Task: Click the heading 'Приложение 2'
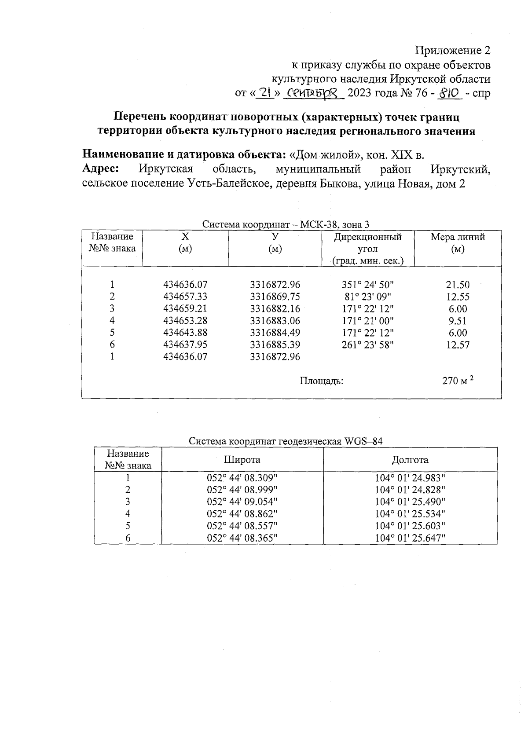tap(453, 51)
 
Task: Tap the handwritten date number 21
tap(265, 93)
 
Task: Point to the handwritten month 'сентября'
tap(313, 93)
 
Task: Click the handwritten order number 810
tap(449, 93)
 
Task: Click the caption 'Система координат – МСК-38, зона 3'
tap(286, 224)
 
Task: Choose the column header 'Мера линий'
tap(458, 237)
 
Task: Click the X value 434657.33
tap(185, 297)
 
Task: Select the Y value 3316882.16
tap(275, 308)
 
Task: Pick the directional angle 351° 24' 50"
tap(368, 285)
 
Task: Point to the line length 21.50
tap(458, 285)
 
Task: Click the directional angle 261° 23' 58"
tap(368, 344)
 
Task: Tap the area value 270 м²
tap(458, 381)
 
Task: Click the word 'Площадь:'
tap(321, 381)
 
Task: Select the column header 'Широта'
tap(242, 460)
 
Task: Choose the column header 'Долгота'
tap(410, 460)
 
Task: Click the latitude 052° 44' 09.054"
tap(242, 502)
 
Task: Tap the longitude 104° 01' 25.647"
tap(410, 538)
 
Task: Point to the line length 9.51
tap(458, 321)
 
